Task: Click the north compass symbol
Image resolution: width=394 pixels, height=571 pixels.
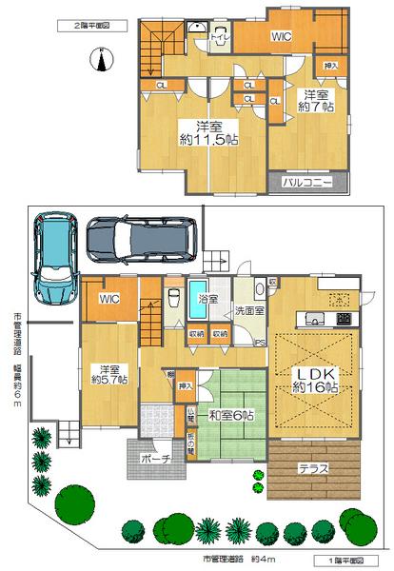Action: pos(100,62)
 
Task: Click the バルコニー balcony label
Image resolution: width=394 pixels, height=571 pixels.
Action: pos(305,180)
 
